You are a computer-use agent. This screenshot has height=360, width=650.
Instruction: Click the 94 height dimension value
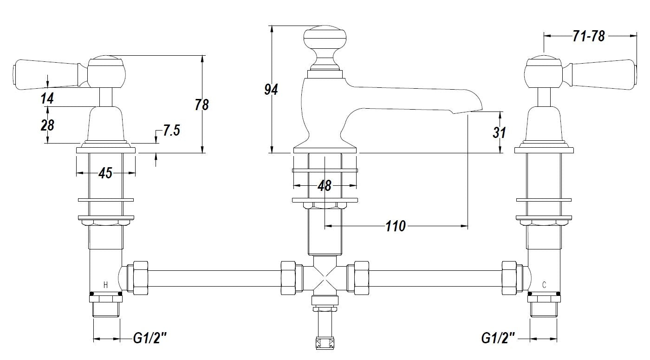[x=271, y=89]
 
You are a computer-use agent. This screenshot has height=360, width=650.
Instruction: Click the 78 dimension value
[x=202, y=105]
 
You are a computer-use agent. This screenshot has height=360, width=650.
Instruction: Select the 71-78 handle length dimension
[x=589, y=36]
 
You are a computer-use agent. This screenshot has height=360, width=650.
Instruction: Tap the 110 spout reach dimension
[x=396, y=226]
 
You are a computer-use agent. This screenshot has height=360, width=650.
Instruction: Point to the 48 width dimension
[x=325, y=186]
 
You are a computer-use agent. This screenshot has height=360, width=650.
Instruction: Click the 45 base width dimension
[x=106, y=173]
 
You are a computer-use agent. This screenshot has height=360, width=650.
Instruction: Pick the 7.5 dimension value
[x=171, y=131]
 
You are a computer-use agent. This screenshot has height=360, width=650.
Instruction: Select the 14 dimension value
[x=47, y=98]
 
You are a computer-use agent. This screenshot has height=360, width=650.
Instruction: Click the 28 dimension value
[x=47, y=125]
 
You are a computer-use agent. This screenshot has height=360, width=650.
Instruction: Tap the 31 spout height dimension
[x=499, y=132]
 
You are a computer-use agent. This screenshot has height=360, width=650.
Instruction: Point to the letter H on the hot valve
[x=105, y=285]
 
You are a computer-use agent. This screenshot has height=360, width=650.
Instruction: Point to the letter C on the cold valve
[x=544, y=285]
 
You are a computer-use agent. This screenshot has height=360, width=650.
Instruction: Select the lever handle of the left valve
[x=46, y=73]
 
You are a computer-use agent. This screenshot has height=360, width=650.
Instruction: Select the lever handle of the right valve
[x=603, y=73]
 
